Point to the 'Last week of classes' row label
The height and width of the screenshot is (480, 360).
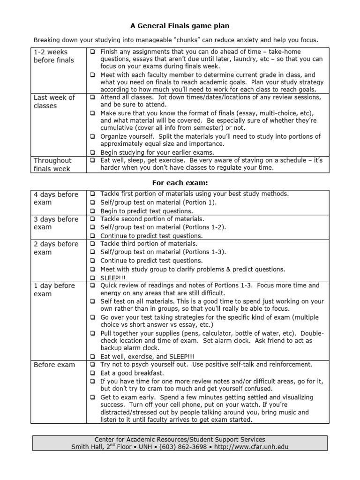click(x=54, y=102)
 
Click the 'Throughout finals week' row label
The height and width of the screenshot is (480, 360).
click(x=52, y=165)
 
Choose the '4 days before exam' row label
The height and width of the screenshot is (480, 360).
click(x=56, y=198)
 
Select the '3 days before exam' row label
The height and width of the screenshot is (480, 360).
click(x=56, y=223)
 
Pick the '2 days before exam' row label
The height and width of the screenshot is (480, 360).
click(x=56, y=248)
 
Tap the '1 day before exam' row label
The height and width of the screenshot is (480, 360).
click(x=54, y=290)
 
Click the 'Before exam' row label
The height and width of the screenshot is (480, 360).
click(x=54, y=365)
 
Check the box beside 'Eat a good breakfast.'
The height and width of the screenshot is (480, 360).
click(x=93, y=373)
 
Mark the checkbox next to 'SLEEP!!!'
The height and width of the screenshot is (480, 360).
click(x=93, y=278)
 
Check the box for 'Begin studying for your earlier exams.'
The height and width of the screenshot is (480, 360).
click(x=93, y=153)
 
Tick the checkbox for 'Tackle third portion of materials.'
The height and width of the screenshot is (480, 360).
click(x=93, y=244)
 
